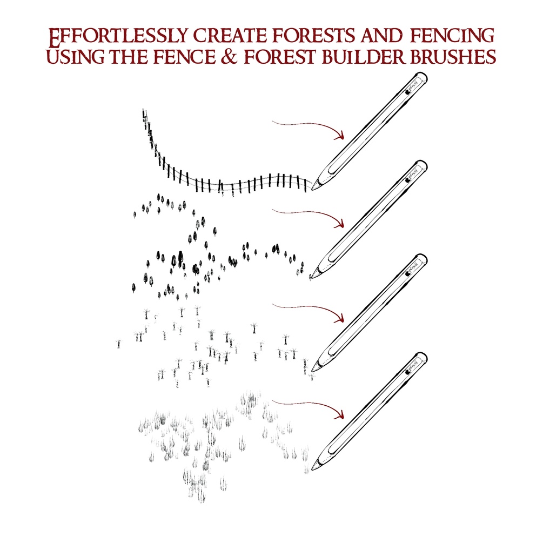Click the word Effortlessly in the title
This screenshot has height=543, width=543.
(118, 37)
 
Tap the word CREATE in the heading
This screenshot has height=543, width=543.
(230, 35)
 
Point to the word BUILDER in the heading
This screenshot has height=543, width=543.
(363, 57)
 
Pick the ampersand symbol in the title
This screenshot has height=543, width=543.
(229, 57)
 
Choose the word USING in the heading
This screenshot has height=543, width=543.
(75, 57)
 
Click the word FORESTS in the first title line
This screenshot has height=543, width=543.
(314, 35)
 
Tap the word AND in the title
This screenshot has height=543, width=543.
(381, 35)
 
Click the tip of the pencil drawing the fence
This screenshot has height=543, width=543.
(312, 190)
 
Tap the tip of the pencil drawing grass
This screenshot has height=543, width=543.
(312, 469)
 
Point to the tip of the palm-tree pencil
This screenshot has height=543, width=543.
(312, 371)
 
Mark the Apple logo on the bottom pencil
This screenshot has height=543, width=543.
(408, 372)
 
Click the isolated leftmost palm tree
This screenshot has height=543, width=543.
(119, 344)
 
